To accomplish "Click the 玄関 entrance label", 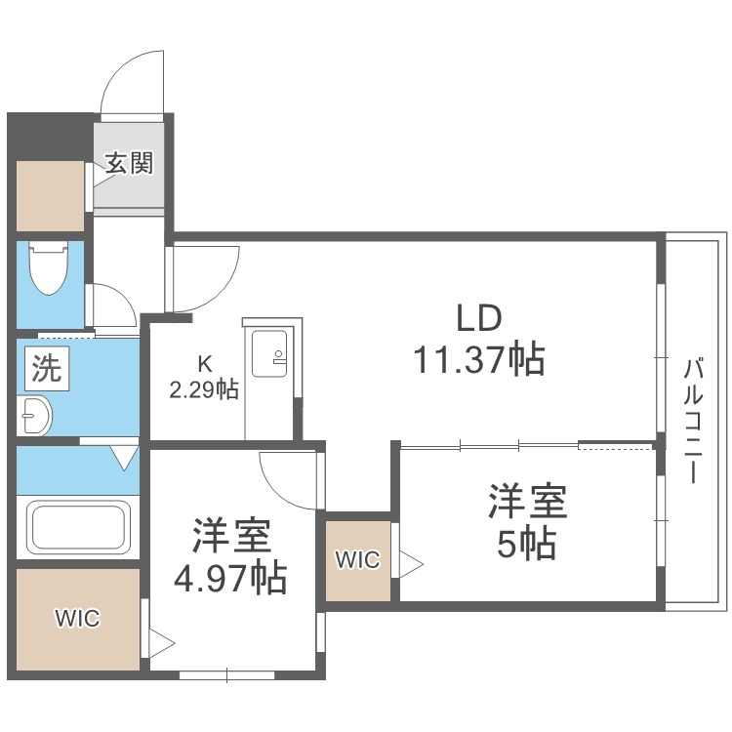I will [129, 164].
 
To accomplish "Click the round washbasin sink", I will [34, 418].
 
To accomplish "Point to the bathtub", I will [79, 527].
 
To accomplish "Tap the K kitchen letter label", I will [206, 365].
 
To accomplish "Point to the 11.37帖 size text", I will [478, 361].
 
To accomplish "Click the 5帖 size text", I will [528, 543].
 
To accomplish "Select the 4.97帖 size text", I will [231, 579].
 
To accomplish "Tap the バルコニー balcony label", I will [694, 422].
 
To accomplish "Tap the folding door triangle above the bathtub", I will [125, 456].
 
